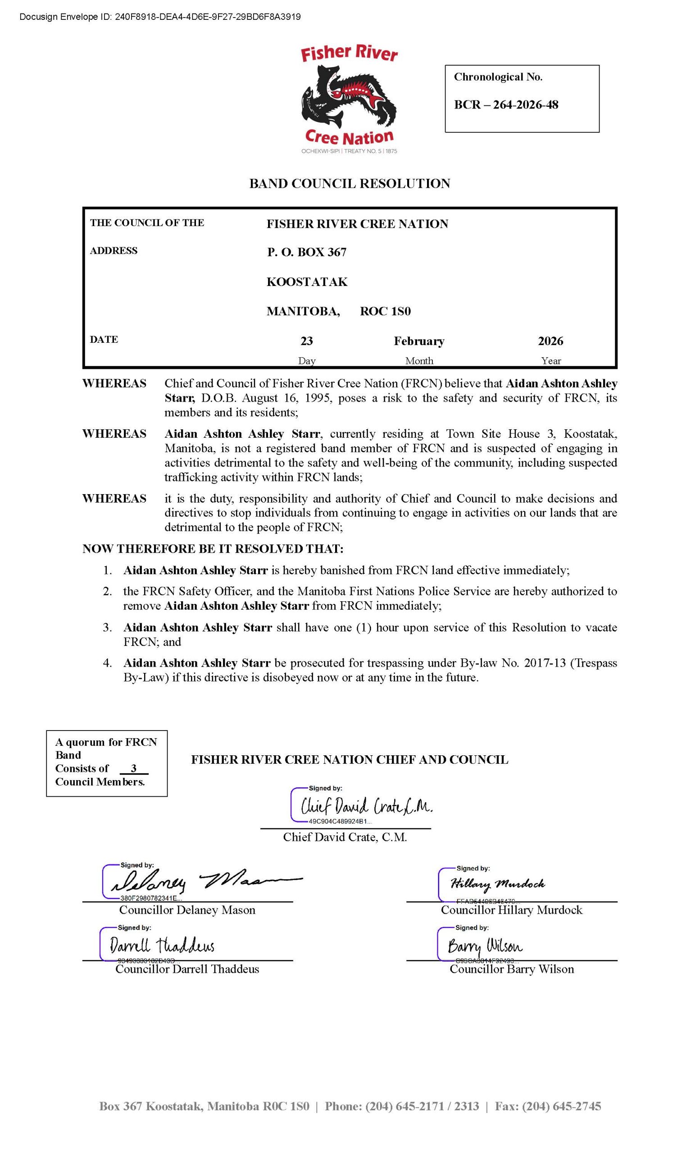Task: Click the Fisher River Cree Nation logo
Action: coord(349,99)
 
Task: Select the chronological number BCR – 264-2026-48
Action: coord(506,104)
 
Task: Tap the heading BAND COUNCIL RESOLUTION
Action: coord(350,183)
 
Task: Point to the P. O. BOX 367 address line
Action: coord(306,252)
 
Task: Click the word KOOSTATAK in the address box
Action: coord(307,281)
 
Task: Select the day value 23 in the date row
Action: coord(306,340)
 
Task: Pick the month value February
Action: coord(419,340)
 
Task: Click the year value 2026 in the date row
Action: coord(550,340)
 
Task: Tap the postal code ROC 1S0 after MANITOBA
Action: coord(385,311)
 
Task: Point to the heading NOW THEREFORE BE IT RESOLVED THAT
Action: coord(213,549)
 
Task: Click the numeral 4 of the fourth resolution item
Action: coord(107,663)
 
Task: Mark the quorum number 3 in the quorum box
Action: coord(134,768)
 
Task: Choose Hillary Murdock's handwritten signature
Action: coord(497,884)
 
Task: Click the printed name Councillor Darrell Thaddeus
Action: coord(187,969)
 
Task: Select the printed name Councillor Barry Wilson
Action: coord(511,969)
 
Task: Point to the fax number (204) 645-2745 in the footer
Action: coord(561,1106)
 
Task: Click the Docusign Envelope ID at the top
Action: coord(160,17)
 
